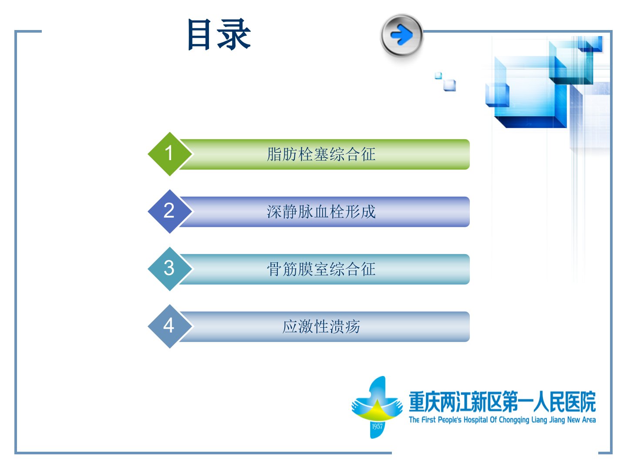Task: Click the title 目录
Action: click(219, 34)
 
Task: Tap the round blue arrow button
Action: click(401, 35)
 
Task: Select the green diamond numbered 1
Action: click(169, 154)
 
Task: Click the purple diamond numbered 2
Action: click(169, 211)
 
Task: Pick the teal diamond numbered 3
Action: click(169, 269)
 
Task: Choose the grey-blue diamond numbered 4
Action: click(169, 326)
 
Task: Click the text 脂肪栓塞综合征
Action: click(321, 154)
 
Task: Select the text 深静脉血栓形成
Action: click(321, 212)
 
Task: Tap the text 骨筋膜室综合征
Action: click(321, 269)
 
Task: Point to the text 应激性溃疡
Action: click(321, 326)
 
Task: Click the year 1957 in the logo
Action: click(377, 426)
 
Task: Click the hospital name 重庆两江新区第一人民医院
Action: click(502, 402)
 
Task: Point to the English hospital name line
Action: click(502, 420)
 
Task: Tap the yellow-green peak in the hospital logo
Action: click(377, 411)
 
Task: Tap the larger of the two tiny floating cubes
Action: click(450, 85)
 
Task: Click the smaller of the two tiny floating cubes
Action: click(438, 76)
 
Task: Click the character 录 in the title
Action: click(234, 34)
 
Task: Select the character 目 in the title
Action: click(199, 34)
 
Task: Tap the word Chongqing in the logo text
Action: click(514, 420)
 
